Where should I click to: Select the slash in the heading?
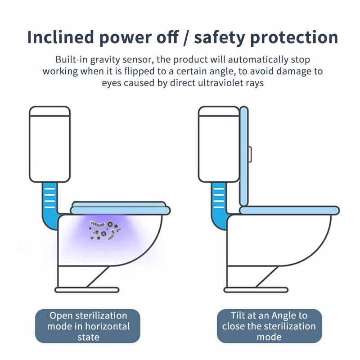[186, 38]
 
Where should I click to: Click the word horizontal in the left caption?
[105, 326]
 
